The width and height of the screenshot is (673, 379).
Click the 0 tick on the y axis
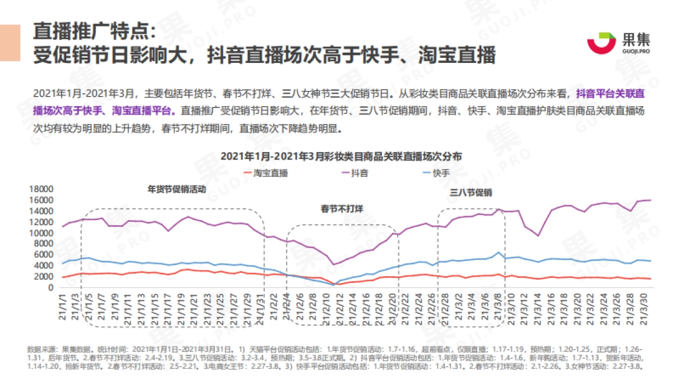click(x=50, y=287)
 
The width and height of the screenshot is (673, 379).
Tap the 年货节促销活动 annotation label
click(x=177, y=189)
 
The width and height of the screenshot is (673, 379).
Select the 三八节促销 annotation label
click(x=471, y=193)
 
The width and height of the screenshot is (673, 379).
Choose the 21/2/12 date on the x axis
click(x=338, y=306)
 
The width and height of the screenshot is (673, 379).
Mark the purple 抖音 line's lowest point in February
click(x=334, y=264)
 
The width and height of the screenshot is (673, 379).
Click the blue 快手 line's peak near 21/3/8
click(x=499, y=252)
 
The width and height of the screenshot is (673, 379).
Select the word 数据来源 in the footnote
click(x=42, y=350)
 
